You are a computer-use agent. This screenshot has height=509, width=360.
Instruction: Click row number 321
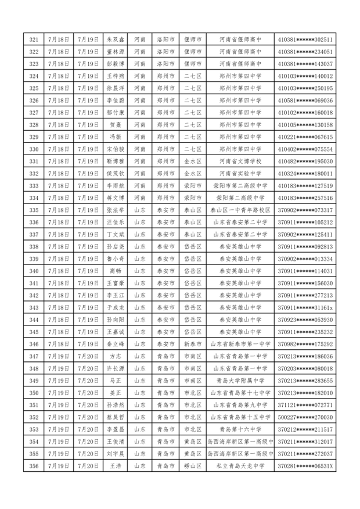pyautogui.click(x=33, y=40)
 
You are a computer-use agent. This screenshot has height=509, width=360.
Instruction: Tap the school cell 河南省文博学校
pyautogui.click(x=240, y=161)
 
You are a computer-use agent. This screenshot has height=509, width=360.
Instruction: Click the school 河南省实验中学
pyautogui.click(x=240, y=173)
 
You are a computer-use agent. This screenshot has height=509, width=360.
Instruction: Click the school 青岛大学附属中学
pyautogui.click(x=240, y=381)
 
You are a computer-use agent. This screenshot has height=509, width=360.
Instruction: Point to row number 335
pyautogui.click(x=33, y=210)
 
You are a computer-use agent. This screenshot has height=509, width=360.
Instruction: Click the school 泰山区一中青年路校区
pyautogui.click(x=240, y=210)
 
